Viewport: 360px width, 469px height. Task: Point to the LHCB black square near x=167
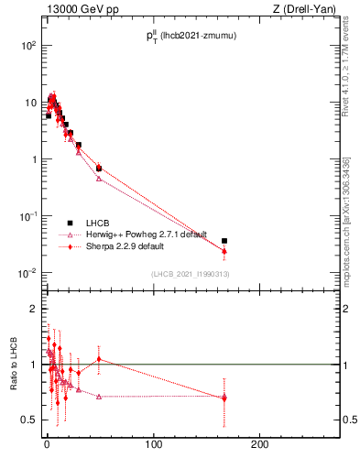point(224,241)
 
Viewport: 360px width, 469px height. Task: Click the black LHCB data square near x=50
point(99,169)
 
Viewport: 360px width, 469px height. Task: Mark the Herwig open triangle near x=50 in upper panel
point(99,179)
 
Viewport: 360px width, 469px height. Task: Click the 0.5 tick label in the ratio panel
point(28,420)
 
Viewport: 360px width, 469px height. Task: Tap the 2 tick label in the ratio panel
point(32,309)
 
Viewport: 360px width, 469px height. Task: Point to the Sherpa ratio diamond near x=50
point(99,359)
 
